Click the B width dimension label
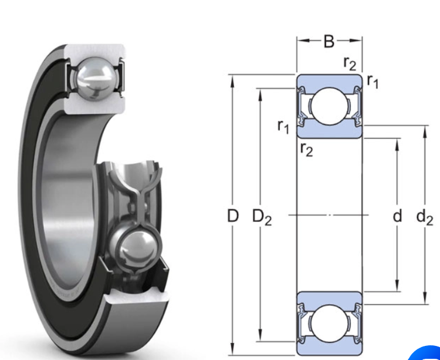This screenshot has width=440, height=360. [329, 41]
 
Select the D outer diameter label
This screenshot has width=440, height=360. [233, 216]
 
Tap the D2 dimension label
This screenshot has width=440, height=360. [262, 217]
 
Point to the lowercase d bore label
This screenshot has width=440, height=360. [397, 216]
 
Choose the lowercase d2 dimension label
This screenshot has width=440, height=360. [425, 217]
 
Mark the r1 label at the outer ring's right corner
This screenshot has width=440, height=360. [373, 82]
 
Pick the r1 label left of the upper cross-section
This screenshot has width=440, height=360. [283, 125]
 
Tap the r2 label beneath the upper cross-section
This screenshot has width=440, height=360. [306, 150]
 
